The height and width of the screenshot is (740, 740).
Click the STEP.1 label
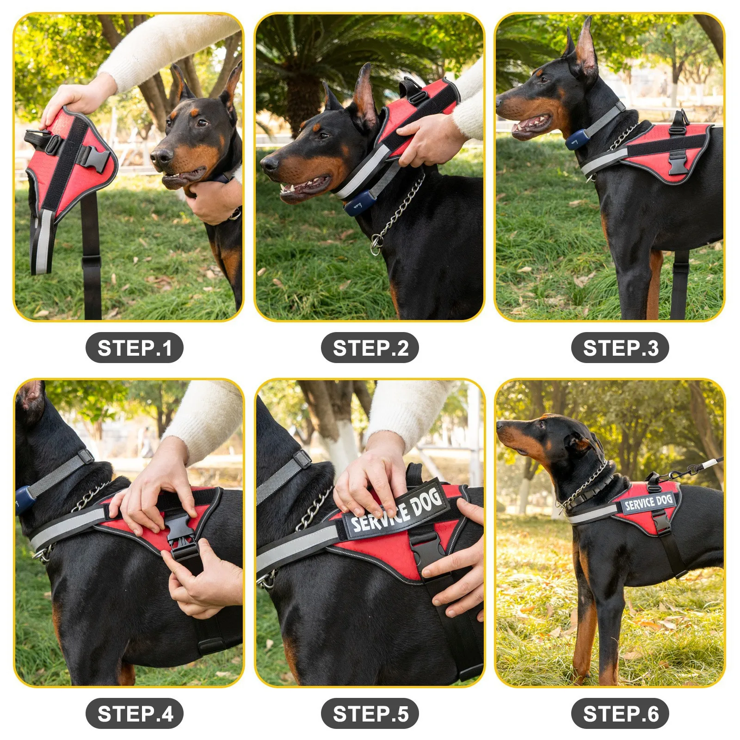pyautogui.click(x=134, y=348)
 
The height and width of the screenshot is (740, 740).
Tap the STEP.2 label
pyautogui.click(x=370, y=348)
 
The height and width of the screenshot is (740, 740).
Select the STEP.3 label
pyautogui.click(x=620, y=348)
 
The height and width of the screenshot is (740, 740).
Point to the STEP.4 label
pyautogui.click(x=134, y=713)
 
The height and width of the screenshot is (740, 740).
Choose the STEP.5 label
pyautogui.click(x=370, y=713)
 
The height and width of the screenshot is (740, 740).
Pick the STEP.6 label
pyautogui.click(x=620, y=713)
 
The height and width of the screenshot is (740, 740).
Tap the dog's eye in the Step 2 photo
pyautogui.click(x=324, y=136)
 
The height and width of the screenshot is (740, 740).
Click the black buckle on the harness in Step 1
pyautogui.click(x=95, y=158)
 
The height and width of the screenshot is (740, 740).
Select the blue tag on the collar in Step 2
pyautogui.click(x=358, y=202)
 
